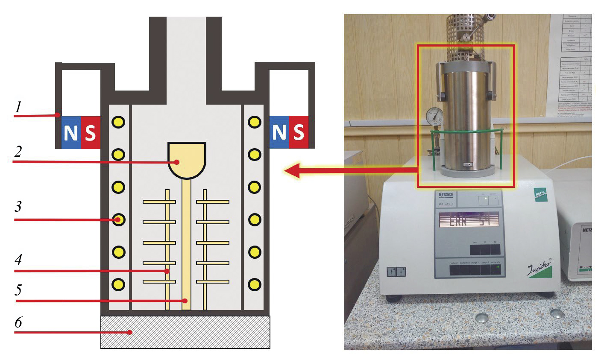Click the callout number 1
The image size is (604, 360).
(18, 107)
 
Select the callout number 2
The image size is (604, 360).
(18, 151)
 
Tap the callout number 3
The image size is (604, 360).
(18, 207)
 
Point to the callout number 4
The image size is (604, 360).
(18, 259)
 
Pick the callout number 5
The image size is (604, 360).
(18, 290)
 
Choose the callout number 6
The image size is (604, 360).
(18, 322)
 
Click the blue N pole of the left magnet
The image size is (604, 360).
(71, 132)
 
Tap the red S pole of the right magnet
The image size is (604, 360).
(299, 132)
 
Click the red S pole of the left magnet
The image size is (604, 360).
(90, 132)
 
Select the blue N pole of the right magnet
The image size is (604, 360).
(279, 132)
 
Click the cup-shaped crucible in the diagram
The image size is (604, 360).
(187, 159)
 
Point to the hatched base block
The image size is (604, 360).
(185, 332)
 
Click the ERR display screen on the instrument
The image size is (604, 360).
(469, 220)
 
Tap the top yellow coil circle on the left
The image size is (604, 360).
(118, 122)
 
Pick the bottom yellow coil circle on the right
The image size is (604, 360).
(255, 284)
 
